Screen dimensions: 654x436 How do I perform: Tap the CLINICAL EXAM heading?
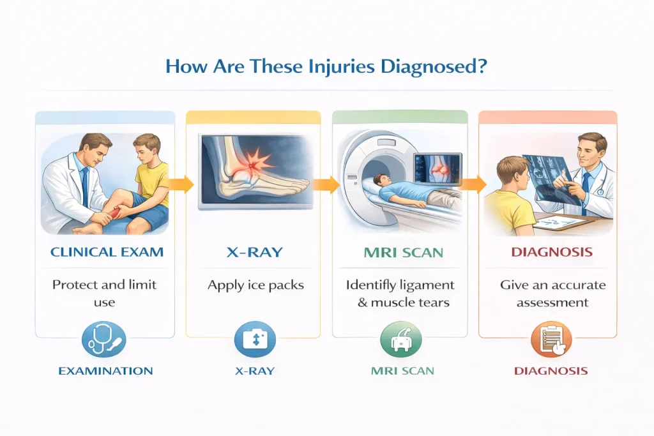click(107, 252)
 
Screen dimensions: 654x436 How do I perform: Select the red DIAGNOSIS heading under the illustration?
click(552, 252)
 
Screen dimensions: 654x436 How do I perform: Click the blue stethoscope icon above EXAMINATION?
click(104, 340)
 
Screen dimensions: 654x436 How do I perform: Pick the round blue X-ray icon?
click(255, 340)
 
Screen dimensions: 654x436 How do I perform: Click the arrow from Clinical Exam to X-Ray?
click(181, 184)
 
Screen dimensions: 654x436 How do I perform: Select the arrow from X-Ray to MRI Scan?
click(326, 184)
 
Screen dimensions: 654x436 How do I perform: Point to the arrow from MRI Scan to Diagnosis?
click(473, 184)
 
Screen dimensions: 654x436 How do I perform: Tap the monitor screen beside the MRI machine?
click(437, 169)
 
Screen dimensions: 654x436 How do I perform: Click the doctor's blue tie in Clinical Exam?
click(86, 187)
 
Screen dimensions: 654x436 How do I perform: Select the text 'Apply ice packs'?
click(255, 285)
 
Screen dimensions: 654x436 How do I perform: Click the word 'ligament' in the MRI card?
click(427, 285)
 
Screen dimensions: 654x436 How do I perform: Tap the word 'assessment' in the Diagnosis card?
click(552, 303)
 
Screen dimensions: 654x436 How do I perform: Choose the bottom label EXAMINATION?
click(105, 371)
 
